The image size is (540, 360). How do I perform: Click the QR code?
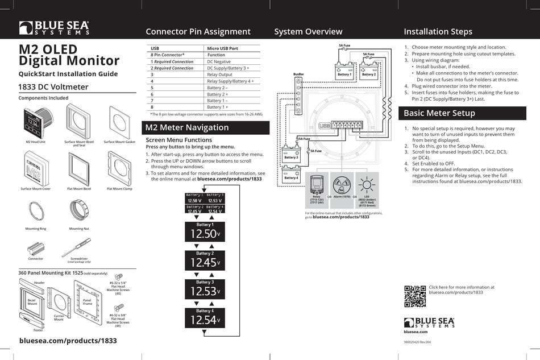click(x=414, y=296)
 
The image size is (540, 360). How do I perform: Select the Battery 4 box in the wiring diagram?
click(x=290, y=173)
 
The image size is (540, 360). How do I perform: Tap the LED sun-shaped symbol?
click(x=367, y=184)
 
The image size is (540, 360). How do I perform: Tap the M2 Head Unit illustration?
click(x=36, y=121)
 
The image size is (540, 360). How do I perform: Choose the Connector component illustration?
click(x=36, y=248)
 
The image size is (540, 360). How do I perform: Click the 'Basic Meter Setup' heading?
click(x=439, y=113)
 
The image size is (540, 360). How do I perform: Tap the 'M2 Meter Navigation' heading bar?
click(x=205, y=128)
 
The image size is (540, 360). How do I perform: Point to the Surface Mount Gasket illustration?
click(x=119, y=121)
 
